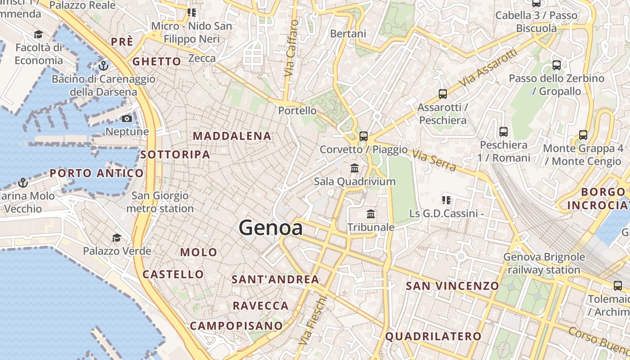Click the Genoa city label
tap(270, 228)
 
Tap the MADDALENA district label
tap(232, 136)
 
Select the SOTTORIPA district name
tap(175, 155)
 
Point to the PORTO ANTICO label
tap(97, 173)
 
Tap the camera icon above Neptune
tap(127, 119)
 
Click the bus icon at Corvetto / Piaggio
tap(364, 136)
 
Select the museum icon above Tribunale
tap(371, 214)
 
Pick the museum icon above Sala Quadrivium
tap(355, 168)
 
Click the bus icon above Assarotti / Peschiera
tap(443, 94)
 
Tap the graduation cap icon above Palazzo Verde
tap(117, 238)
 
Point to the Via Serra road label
tap(434, 161)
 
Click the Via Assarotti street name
tap(488, 68)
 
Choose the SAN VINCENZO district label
tap(452, 286)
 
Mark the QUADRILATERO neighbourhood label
tap(433, 336)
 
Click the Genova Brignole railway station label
tap(544, 263)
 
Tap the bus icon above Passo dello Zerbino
tap(557, 65)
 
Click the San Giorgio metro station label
tap(160, 202)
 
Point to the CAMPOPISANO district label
tap(236, 326)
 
